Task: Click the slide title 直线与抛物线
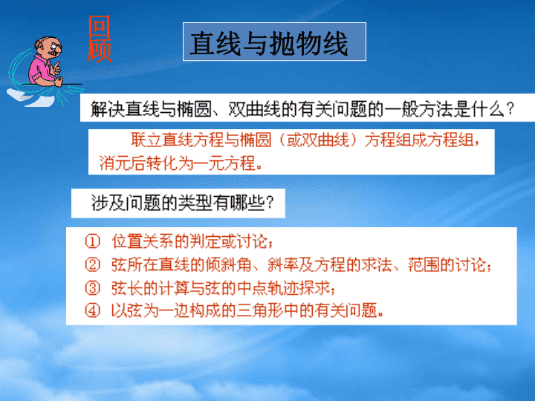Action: [x=269, y=43]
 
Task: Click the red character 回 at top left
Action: [x=100, y=27]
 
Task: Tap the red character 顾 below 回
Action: [x=100, y=50]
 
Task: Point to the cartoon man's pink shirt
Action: [x=40, y=69]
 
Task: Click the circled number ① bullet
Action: [x=92, y=241]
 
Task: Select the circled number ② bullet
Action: [x=92, y=265]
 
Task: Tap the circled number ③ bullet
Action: [x=92, y=288]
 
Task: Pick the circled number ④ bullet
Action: [x=92, y=310]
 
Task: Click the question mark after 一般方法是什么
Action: [x=510, y=109]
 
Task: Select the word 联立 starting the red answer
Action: [x=146, y=140]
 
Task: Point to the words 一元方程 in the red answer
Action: [x=224, y=163]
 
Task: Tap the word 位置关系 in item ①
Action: [x=142, y=241]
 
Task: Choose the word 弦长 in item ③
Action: [x=127, y=288]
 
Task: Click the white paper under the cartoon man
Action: [x=30, y=97]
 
